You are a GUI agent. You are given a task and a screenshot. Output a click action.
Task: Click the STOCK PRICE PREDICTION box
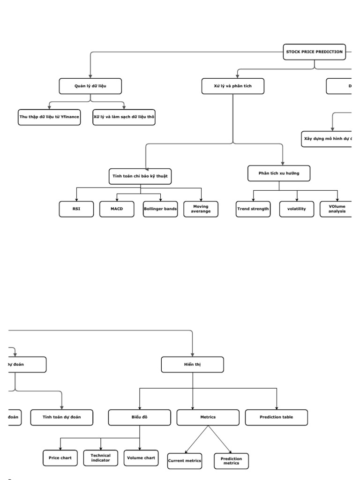tap(314, 52)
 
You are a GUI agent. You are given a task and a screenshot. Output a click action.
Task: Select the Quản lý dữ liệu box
tap(90, 86)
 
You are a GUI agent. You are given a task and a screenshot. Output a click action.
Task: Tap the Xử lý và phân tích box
tap(232, 86)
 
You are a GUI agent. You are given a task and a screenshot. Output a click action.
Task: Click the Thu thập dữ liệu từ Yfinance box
tap(49, 118)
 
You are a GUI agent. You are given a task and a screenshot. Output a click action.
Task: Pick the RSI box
tap(76, 209)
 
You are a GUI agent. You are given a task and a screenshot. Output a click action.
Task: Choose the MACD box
tap(117, 209)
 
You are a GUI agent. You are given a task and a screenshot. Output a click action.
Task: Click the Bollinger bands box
tap(161, 209)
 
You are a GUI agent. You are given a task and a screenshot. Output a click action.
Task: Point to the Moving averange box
tap(201, 209)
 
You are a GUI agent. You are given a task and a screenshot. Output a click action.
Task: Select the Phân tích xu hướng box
tap(279, 173)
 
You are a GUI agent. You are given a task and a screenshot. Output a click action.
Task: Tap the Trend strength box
tap(253, 209)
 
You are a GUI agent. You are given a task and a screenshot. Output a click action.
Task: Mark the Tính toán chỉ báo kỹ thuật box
tap(140, 176)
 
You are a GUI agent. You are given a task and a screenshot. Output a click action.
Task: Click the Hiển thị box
tap(193, 365)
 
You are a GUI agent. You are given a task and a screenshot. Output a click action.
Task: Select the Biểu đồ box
tap(140, 417)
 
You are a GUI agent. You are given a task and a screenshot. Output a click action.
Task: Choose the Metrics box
tap(208, 417)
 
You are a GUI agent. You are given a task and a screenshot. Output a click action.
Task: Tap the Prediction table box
tap(277, 417)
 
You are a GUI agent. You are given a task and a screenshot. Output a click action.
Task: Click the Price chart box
tap(60, 458)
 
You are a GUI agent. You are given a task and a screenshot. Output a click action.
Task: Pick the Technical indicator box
tap(101, 458)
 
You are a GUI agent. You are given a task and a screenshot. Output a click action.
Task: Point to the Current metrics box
tap(185, 461)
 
